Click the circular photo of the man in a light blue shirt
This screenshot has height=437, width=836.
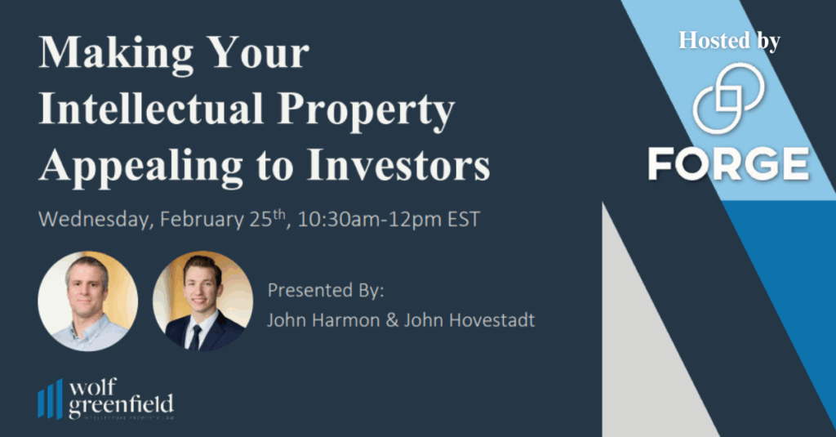click(87, 301)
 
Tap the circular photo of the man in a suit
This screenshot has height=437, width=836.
click(202, 301)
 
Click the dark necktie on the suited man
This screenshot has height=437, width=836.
click(196, 336)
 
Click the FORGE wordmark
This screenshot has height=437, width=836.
click(728, 164)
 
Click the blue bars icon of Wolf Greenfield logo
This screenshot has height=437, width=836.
click(50, 399)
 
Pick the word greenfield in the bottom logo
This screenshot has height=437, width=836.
click(121, 404)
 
